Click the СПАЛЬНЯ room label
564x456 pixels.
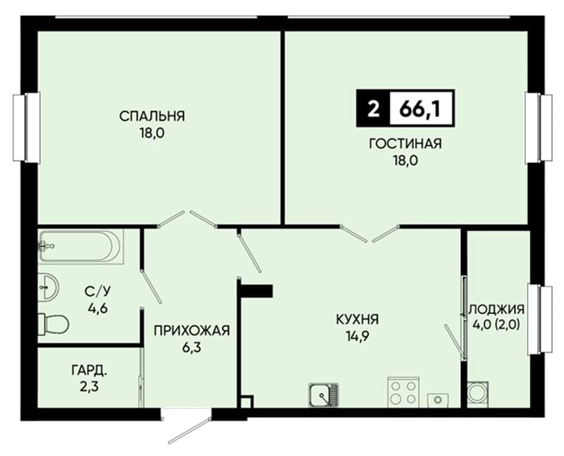152,116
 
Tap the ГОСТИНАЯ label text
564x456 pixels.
405,143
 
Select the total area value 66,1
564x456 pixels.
419,109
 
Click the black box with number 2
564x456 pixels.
374,109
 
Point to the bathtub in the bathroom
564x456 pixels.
80,247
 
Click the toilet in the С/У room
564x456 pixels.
54,323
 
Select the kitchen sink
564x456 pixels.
324,395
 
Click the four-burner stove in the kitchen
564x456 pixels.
403,392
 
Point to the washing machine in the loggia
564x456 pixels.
478,394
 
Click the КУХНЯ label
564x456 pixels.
357,319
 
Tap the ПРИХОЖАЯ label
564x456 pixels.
192,330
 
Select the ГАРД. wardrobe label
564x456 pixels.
90,370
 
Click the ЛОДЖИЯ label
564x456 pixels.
497,309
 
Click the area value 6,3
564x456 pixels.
192,347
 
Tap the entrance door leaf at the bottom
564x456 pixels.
190,430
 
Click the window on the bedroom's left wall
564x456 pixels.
26,127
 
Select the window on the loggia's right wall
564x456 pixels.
539,319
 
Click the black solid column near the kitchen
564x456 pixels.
257,291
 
